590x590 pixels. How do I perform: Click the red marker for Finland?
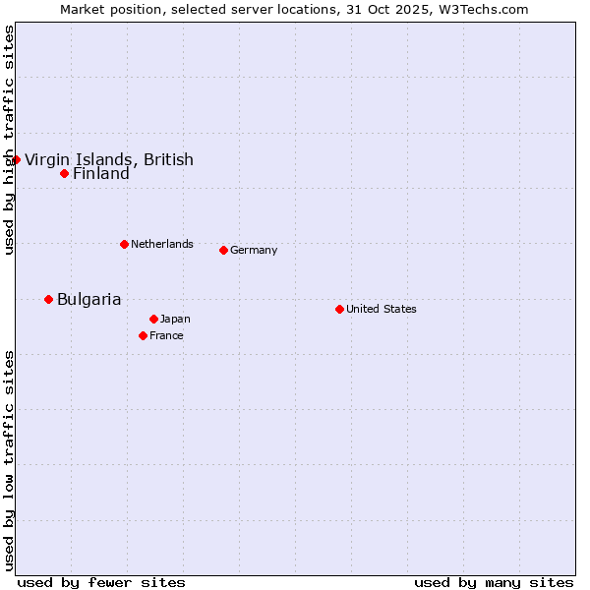[x=64, y=173]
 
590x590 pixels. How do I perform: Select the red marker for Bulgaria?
[x=48, y=299]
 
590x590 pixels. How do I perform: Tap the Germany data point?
[x=223, y=250]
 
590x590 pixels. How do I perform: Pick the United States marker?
[x=339, y=309]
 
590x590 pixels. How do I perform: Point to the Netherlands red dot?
[x=124, y=244]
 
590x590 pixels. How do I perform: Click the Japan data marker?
[x=153, y=319]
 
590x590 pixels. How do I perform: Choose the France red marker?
[x=143, y=335]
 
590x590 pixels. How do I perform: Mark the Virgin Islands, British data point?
[x=16, y=159]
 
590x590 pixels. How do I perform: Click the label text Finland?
[x=100, y=174]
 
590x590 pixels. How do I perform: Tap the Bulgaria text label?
[x=88, y=300]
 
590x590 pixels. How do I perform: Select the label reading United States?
[x=381, y=310]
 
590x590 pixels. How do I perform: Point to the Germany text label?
[x=254, y=251]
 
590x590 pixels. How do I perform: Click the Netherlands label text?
[x=161, y=245]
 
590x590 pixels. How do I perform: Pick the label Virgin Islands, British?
[x=108, y=160]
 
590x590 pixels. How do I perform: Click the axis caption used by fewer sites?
[x=101, y=582]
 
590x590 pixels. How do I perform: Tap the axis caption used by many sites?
[x=494, y=582]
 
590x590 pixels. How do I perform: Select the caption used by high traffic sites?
[x=9, y=140]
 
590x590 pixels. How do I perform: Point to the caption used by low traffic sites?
[x=9, y=460]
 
